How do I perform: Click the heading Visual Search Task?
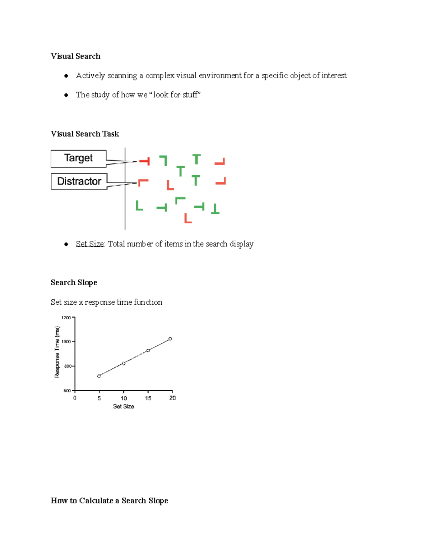click(85, 134)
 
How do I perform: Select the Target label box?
click(78, 158)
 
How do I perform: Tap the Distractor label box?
click(79, 181)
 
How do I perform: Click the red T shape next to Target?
click(145, 161)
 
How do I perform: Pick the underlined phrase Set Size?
click(90, 244)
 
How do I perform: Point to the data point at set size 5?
click(99, 376)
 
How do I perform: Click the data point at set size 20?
click(170, 339)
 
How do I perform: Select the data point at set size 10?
click(124, 364)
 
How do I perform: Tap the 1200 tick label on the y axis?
click(66, 318)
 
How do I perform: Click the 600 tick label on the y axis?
click(67, 391)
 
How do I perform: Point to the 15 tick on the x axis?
click(148, 398)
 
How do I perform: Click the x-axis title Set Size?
click(124, 406)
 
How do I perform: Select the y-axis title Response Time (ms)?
click(57, 352)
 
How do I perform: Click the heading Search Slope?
click(74, 283)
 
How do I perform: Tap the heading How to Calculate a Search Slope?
click(109, 501)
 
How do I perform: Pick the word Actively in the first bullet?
click(90, 75)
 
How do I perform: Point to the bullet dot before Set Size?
click(66, 244)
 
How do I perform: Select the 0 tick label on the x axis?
click(75, 398)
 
